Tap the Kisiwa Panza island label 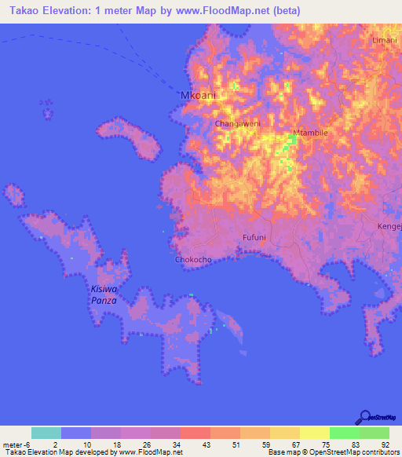(x=103, y=294)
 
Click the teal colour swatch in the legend (x=46, y=433)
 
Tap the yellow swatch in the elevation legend (x=314, y=433)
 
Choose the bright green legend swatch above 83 (x=344, y=433)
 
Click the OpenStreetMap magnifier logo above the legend (x=364, y=417)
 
